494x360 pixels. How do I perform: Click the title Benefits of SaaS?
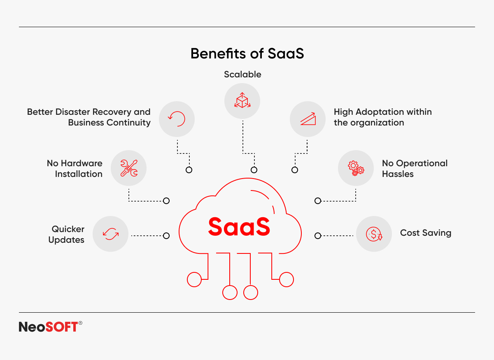point(247,53)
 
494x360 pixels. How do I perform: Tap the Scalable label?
point(242,74)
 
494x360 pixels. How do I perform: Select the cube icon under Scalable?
point(242,100)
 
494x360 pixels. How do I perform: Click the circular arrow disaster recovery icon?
point(177,119)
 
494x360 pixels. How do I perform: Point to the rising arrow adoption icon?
point(308,119)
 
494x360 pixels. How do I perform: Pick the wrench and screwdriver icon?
point(129,168)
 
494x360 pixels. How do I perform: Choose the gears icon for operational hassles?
point(356,168)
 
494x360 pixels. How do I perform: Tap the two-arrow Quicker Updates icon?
point(111,234)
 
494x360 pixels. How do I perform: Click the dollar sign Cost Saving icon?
point(374,234)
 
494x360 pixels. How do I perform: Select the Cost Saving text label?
point(426,233)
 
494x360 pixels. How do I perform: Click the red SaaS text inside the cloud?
point(239,226)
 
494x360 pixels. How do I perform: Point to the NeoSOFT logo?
point(51,327)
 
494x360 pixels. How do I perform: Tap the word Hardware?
point(82,163)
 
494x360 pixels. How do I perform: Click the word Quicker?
point(68,229)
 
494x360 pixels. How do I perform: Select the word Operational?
point(422,164)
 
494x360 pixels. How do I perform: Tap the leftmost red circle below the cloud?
point(194,279)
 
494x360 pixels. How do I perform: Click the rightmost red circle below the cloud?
point(287,279)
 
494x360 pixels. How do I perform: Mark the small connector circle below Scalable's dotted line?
point(254,170)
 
